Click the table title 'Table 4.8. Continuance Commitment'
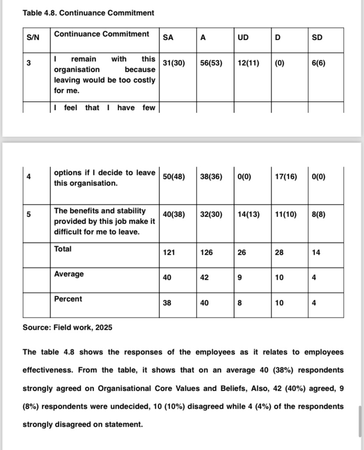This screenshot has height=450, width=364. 88,13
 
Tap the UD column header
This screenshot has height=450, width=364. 243,37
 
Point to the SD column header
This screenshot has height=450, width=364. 317,37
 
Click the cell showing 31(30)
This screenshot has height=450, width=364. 174,63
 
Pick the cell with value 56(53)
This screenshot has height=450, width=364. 211,63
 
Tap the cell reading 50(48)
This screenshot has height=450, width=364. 174,177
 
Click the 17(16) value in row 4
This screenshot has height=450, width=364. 285,177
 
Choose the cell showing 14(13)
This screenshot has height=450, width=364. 248,214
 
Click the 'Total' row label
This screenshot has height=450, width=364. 63,249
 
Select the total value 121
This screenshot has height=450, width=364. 169,252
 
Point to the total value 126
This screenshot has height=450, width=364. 206,252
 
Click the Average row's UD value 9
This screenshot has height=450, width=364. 240,277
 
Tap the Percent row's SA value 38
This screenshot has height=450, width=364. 167,303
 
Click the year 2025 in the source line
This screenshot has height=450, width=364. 103,327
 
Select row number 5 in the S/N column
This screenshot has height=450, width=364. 29,214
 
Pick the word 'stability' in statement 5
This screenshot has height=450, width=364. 131,211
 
